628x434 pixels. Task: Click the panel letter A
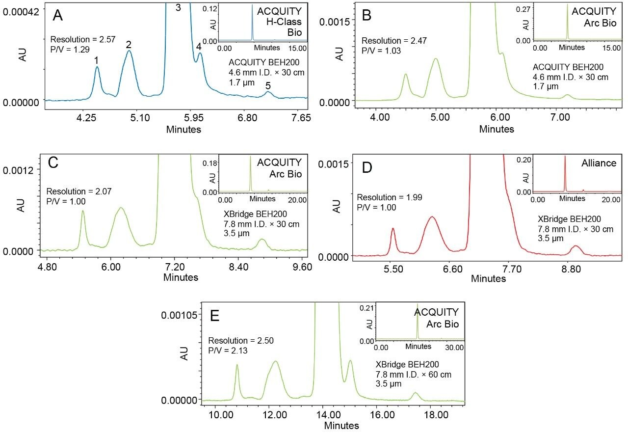[58, 15]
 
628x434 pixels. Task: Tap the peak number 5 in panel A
[268, 85]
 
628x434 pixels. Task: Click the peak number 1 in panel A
[97, 60]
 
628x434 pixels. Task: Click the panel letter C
[53, 163]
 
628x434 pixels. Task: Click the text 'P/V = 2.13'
[228, 351]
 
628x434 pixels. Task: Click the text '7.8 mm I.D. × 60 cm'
[413, 375]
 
